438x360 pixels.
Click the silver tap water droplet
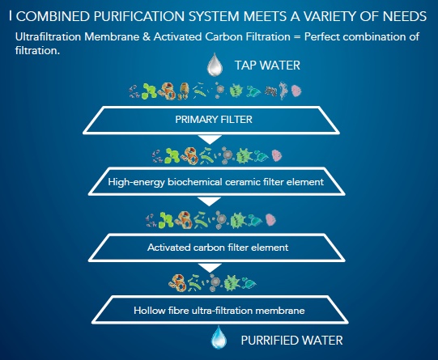pos(215,65)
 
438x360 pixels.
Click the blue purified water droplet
pos(219,337)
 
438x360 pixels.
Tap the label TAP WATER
pos(267,66)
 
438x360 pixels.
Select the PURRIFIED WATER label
pos(292,341)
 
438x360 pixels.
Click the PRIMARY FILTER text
pos(214,120)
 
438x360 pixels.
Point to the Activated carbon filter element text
pos(218,248)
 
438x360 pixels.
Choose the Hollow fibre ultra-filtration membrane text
pos(219,311)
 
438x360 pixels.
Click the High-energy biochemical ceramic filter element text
pos(215,182)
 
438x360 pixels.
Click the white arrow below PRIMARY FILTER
pos(210,139)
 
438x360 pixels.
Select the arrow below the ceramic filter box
pos(209,201)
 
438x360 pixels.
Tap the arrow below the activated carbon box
pos(209,268)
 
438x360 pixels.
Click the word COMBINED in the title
pos(53,16)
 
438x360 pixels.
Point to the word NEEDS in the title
pos(405,16)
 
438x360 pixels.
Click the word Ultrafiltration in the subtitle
pos(48,36)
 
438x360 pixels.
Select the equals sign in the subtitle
pos(297,37)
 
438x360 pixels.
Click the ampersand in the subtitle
pos(146,36)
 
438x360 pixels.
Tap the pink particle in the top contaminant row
pos(296,91)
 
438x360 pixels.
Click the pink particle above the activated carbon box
pos(270,219)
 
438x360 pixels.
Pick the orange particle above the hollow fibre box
pos(177,283)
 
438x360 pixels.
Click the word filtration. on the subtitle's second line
pos(37,50)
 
